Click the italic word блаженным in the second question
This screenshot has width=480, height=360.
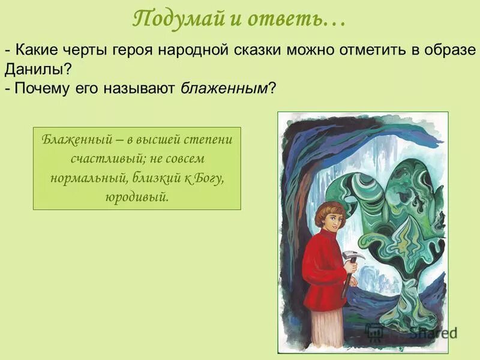225,88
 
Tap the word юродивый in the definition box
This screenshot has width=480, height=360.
137,197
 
